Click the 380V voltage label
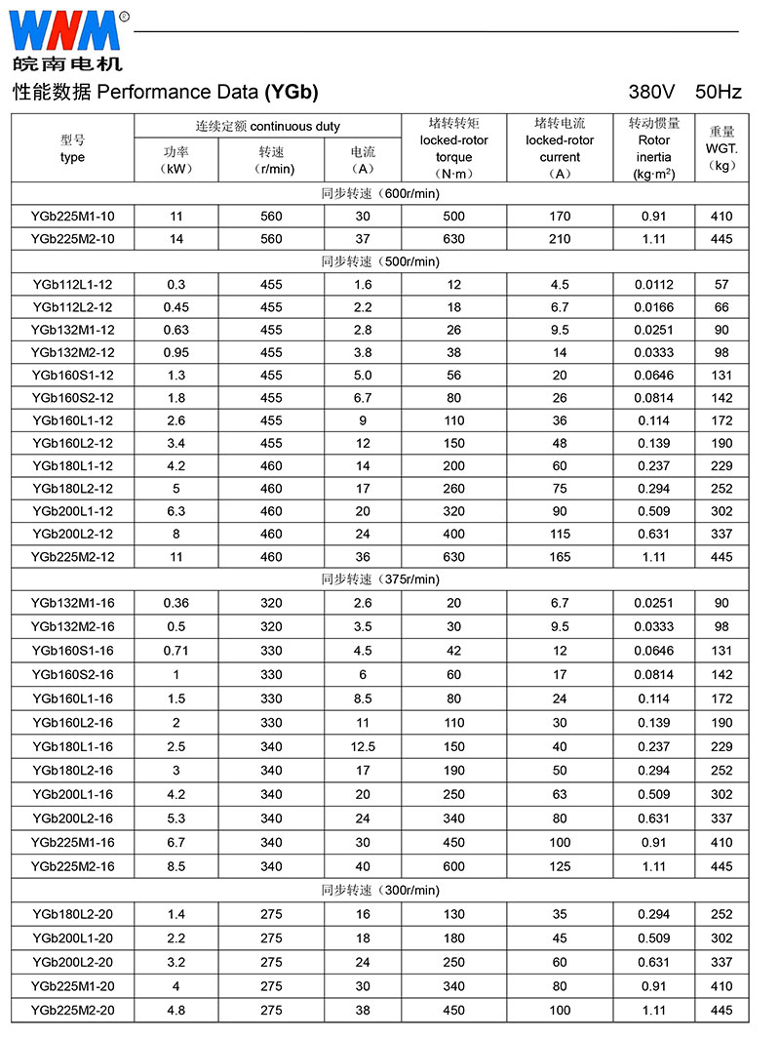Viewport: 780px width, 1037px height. coord(652,93)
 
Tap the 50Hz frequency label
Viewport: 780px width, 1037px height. coord(719,93)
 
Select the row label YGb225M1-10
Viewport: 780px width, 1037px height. coord(72,216)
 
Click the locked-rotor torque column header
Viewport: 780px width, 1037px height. coord(453,148)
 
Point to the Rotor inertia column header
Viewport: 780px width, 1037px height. coord(654,148)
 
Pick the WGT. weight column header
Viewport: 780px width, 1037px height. coord(721,148)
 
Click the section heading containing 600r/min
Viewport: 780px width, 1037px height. coord(380,193)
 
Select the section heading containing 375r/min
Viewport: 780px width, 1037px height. coord(380,579)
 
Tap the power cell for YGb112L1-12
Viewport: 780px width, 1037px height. coord(176,285)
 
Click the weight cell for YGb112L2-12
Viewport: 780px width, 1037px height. coord(721,307)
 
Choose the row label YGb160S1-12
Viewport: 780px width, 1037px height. coord(72,376)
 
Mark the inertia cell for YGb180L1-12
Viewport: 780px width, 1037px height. coord(654,466)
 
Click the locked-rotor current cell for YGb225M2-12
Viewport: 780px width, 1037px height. coord(560,557)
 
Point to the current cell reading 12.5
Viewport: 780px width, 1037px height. coord(363,746)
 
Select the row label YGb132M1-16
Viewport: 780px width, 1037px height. coord(72,603)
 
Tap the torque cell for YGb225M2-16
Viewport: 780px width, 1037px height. coord(453,866)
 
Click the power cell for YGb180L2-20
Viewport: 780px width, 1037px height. coord(176,914)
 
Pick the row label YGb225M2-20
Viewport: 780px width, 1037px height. coord(72,1010)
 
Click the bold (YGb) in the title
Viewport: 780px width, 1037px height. coord(291,93)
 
